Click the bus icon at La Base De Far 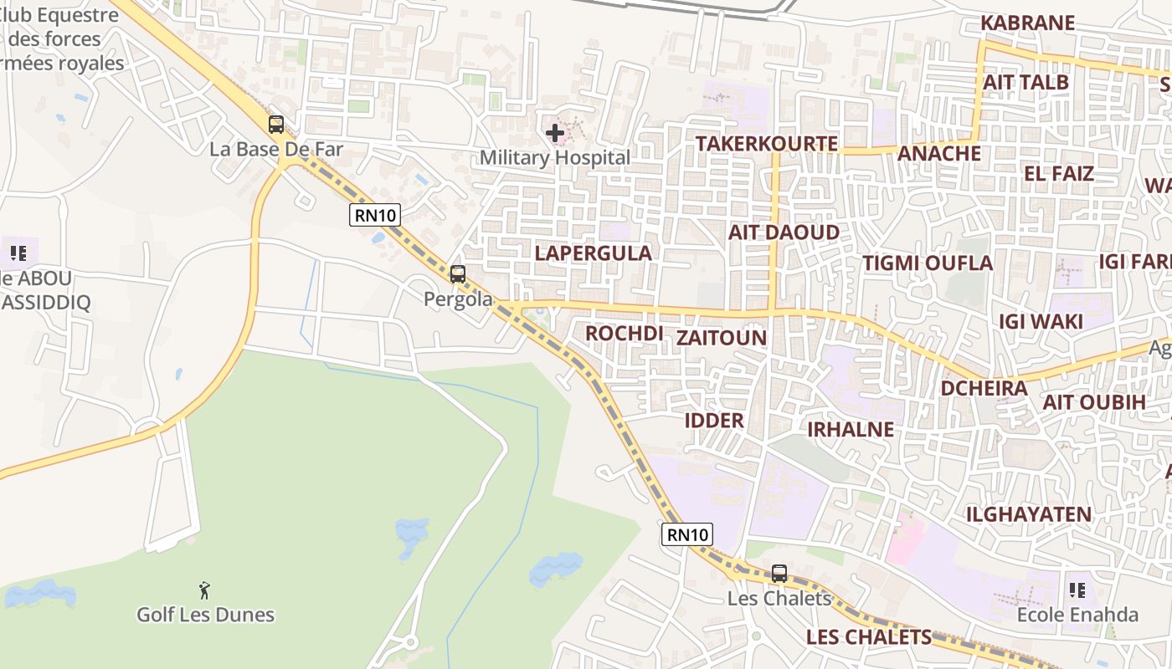pyautogui.click(x=276, y=125)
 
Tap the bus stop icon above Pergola pyautogui.click(x=457, y=273)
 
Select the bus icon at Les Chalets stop pyautogui.click(x=779, y=573)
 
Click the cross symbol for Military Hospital pyautogui.click(x=554, y=132)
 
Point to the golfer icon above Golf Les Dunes pyautogui.click(x=204, y=590)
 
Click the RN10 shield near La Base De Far pyautogui.click(x=374, y=215)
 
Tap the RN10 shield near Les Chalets pyautogui.click(x=687, y=534)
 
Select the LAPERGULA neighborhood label pyautogui.click(x=593, y=253)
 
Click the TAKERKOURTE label pyautogui.click(x=767, y=144)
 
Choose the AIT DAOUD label pyautogui.click(x=784, y=232)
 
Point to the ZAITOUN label pyautogui.click(x=721, y=337)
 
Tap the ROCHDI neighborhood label pyautogui.click(x=624, y=333)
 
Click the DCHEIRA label pyautogui.click(x=984, y=388)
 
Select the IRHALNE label pyautogui.click(x=850, y=429)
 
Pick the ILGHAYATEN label pyautogui.click(x=1029, y=514)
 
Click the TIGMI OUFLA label pyautogui.click(x=928, y=263)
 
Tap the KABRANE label pyautogui.click(x=1027, y=23)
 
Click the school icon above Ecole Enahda pyautogui.click(x=1077, y=590)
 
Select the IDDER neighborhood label pyautogui.click(x=714, y=420)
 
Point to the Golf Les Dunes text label pyautogui.click(x=205, y=615)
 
